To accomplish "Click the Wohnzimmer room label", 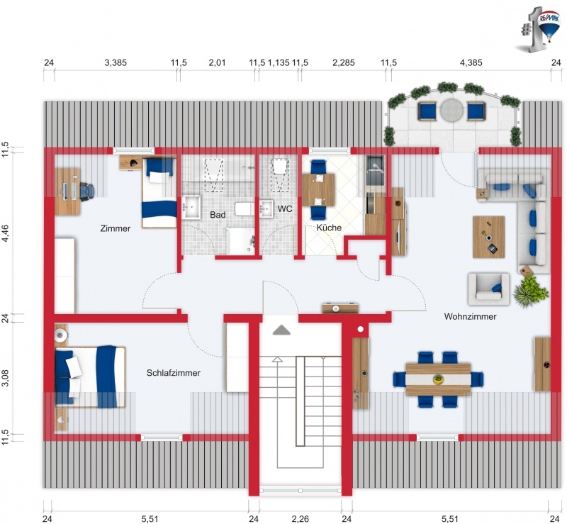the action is [470, 317].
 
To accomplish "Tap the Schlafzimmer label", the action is [173, 373].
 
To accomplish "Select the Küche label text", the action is [329, 228].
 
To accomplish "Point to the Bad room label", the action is [218, 215].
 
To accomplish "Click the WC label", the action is [285, 208].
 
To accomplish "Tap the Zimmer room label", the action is [116, 228].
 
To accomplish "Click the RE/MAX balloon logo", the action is [549, 27].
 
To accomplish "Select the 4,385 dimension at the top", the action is [471, 62].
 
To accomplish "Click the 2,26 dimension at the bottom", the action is [300, 519].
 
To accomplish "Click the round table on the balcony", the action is [451, 110].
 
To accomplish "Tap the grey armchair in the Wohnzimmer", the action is [488, 289].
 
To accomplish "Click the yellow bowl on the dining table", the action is [438, 379].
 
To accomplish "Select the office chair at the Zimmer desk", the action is [86, 190].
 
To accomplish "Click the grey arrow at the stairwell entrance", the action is [281, 330].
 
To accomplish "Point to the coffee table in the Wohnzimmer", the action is [488, 237].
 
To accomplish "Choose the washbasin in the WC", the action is [266, 208].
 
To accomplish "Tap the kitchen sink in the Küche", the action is [375, 169].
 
